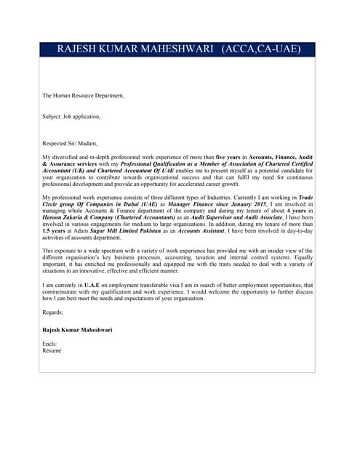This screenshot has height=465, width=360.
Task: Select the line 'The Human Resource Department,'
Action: pyautogui.click(x=83, y=95)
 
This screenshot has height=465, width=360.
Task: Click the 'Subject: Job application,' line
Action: pyautogui.click(x=71, y=116)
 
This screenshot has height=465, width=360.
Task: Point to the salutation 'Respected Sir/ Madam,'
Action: pyautogui.click(x=70, y=143)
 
